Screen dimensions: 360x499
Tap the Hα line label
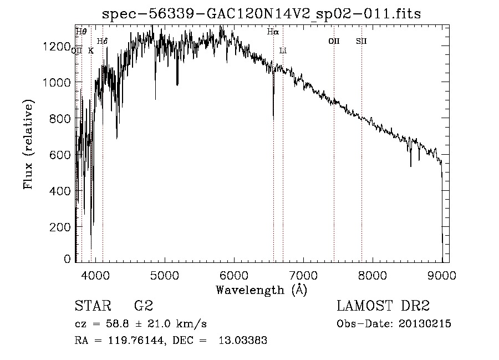(273, 32)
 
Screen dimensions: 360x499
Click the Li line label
(283, 50)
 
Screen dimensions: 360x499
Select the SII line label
(361, 41)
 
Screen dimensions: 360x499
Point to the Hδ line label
(102, 41)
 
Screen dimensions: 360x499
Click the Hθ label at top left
(81, 32)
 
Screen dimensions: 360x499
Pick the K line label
(91, 50)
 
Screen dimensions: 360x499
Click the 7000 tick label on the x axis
(303, 275)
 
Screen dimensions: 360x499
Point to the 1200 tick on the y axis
(57, 47)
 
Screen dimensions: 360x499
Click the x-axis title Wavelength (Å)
(261, 289)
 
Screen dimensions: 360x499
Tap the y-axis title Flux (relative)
(28, 144)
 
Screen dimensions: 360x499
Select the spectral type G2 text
(143, 306)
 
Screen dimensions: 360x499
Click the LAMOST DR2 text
(383, 306)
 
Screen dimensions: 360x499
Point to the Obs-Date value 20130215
(424, 324)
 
